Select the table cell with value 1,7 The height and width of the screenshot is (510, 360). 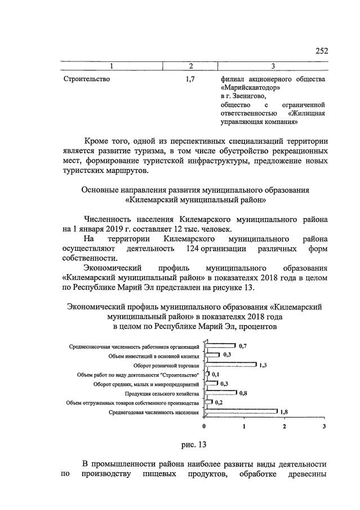coord(190,79)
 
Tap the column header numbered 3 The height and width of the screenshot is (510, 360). coord(273,66)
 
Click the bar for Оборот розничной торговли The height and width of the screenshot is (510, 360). coord(230,365)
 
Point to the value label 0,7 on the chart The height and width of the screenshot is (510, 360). coord(243,345)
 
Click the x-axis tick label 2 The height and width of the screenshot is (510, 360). coord(285,427)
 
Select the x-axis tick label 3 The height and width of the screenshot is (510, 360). coord(325,427)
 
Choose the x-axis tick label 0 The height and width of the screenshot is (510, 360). coord(205,427)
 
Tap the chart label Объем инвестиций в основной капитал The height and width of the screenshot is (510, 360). coord(153,356)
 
